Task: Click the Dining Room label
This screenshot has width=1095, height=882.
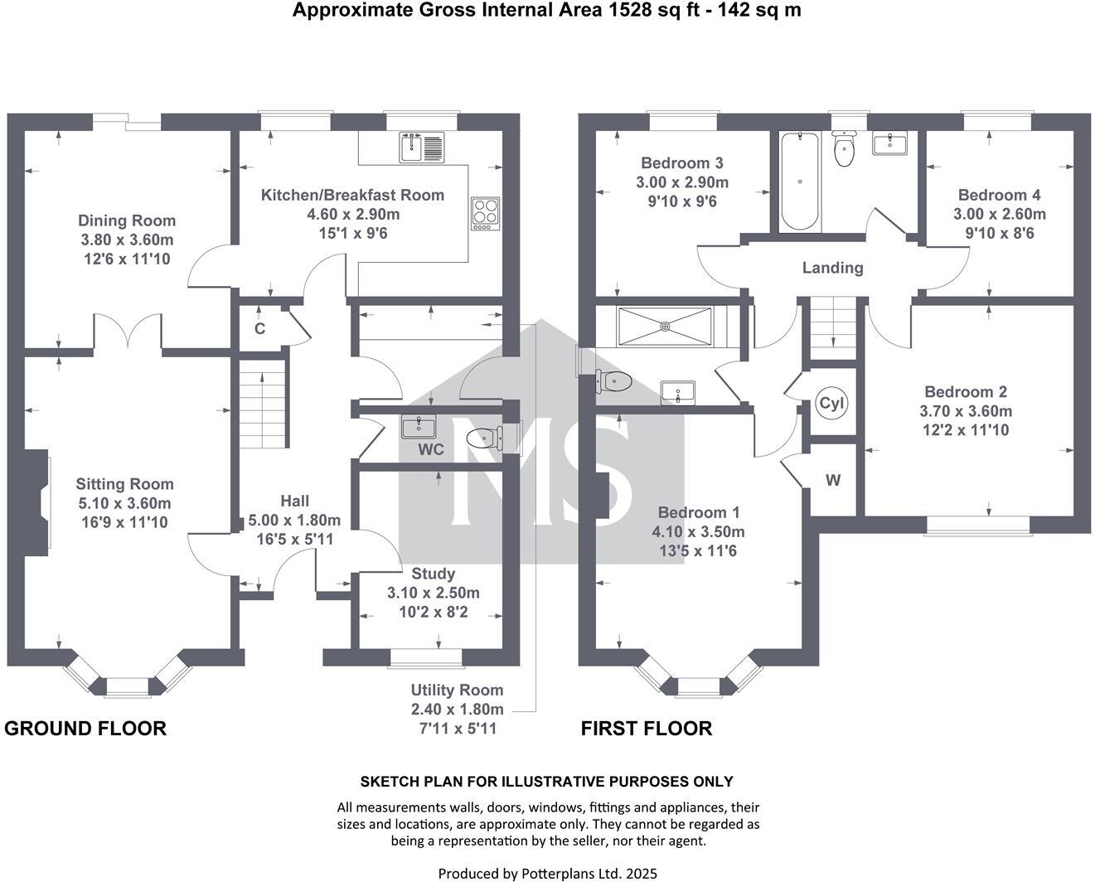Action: [127, 220]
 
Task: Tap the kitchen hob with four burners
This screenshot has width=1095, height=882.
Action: [486, 213]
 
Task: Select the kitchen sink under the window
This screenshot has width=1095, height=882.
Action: [422, 148]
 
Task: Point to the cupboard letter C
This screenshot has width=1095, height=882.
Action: [259, 328]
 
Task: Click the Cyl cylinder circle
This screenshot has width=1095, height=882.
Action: [831, 404]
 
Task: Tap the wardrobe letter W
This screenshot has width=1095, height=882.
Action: [833, 480]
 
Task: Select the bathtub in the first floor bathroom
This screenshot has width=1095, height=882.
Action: [799, 181]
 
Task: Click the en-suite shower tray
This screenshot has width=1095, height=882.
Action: [664, 326]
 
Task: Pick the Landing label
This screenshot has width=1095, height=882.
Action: [832, 268]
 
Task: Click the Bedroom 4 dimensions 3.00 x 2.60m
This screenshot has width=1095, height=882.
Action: [999, 214]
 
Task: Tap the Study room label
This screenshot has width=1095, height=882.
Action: [433, 574]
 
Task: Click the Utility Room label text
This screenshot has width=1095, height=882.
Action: [457, 690]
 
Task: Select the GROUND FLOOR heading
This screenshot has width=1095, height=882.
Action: [85, 728]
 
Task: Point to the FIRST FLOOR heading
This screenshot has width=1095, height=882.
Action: [646, 728]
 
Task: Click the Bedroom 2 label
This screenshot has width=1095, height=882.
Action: [966, 391]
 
